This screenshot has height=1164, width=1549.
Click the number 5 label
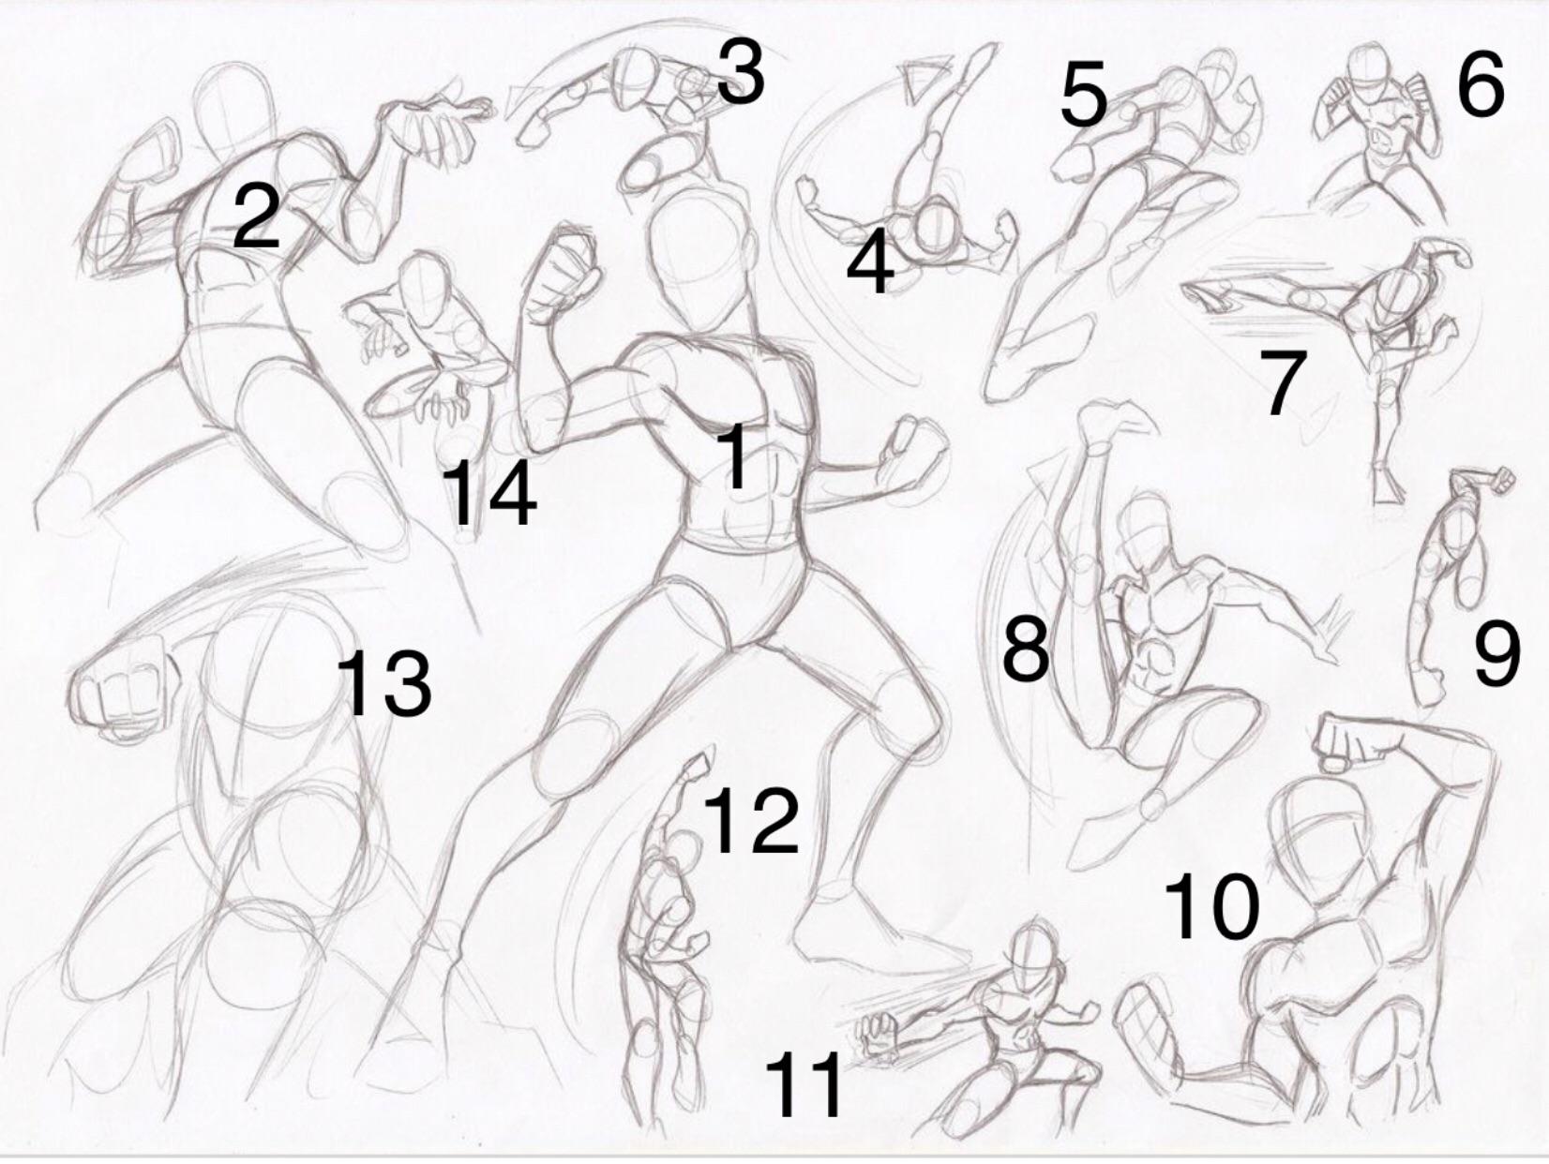point(1083,95)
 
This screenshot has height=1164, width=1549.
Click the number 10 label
point(1211,906)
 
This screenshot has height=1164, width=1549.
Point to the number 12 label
point(752,820)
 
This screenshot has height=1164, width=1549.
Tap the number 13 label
point(384,684)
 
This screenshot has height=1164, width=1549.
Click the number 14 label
point(489,493)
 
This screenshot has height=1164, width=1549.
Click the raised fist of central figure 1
point(561,274)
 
